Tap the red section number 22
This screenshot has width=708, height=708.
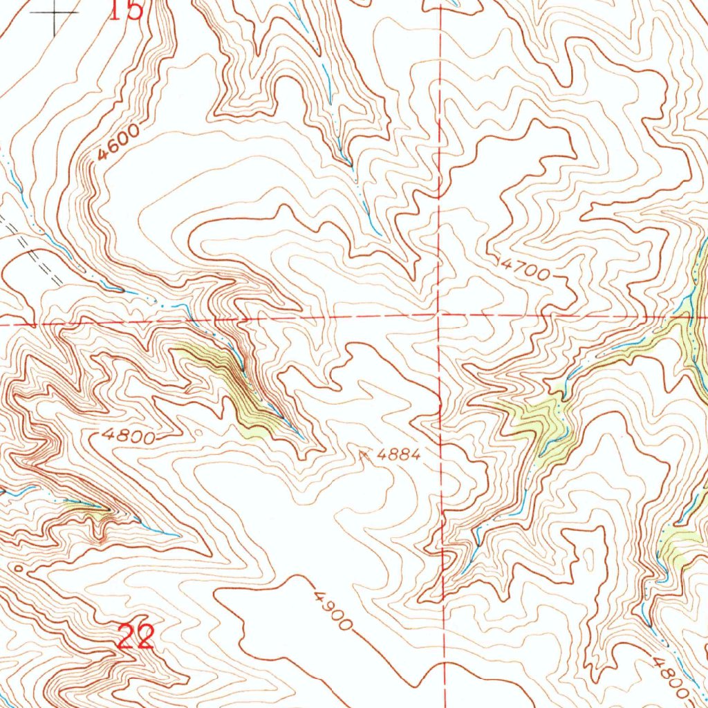135,637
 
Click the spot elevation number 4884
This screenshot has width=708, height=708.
399,455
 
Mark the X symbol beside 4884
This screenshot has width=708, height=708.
364,454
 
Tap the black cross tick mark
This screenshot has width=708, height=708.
55,14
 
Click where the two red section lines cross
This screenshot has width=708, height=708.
440,317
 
